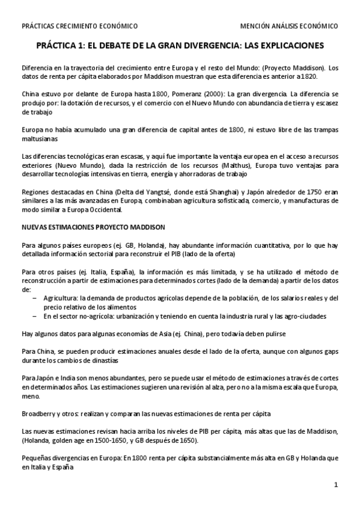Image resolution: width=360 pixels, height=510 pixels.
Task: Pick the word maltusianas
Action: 40,139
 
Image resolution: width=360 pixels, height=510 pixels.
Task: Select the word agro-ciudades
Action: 304,316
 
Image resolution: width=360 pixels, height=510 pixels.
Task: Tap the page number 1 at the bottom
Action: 337,485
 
